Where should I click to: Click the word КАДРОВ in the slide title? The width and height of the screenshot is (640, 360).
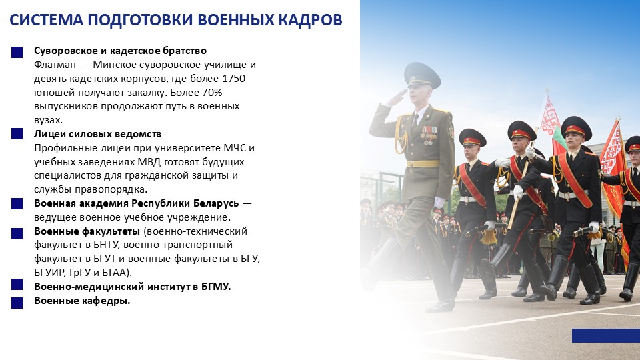click(307, 20)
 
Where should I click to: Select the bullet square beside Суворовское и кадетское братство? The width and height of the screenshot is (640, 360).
click(17, 51)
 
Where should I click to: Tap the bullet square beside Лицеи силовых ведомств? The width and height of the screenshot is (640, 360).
click(17, 135)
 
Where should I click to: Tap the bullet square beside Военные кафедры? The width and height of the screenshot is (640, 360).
click(17, 301)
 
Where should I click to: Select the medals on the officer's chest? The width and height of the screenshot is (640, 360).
click(429, 134)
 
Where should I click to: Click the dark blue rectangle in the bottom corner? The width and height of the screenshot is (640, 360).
click(605, 335)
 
